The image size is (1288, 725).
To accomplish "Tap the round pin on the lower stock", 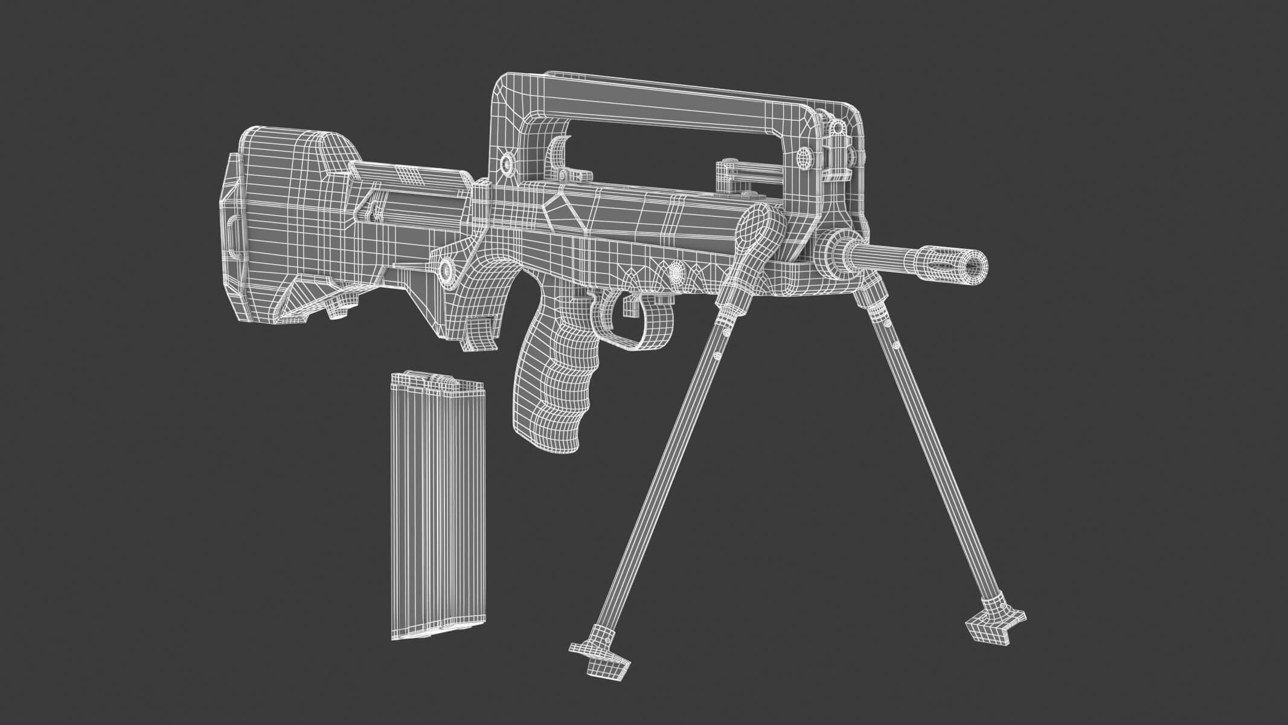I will [447, 268].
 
